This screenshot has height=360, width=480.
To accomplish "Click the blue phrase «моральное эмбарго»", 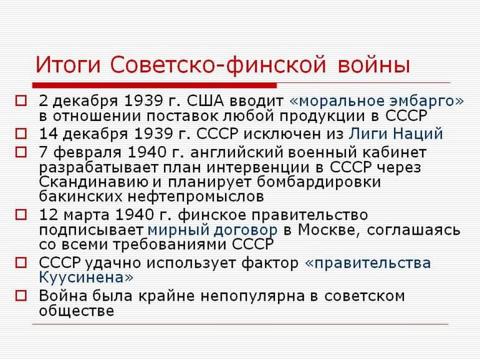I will pos(377,100).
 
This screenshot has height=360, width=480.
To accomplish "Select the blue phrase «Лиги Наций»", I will pos(395,134).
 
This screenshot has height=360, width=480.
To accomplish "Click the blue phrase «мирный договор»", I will pos(213,230).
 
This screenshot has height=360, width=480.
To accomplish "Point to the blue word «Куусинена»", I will pos(86,277).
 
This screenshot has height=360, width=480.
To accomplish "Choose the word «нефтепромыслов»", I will pos(190,197).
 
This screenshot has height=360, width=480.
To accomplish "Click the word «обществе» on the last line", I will pos(77,310).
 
